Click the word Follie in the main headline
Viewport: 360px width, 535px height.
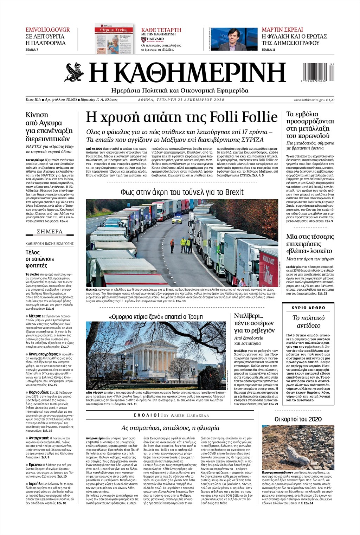point(258,116)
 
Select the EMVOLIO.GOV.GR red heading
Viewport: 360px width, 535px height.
point(48,30)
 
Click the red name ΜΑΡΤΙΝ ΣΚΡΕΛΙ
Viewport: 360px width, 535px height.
point(282,30)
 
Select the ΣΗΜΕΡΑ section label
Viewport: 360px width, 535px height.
point(50,232)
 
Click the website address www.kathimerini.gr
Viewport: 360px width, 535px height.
point(308,100)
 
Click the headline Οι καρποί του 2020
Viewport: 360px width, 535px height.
point(298,419)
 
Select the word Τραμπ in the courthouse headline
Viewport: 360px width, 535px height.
point(195,317)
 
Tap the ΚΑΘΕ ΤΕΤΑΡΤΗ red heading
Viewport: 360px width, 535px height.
point(161,30)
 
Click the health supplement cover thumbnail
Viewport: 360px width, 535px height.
point(114,38)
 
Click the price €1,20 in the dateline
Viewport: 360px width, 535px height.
point(330,100)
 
